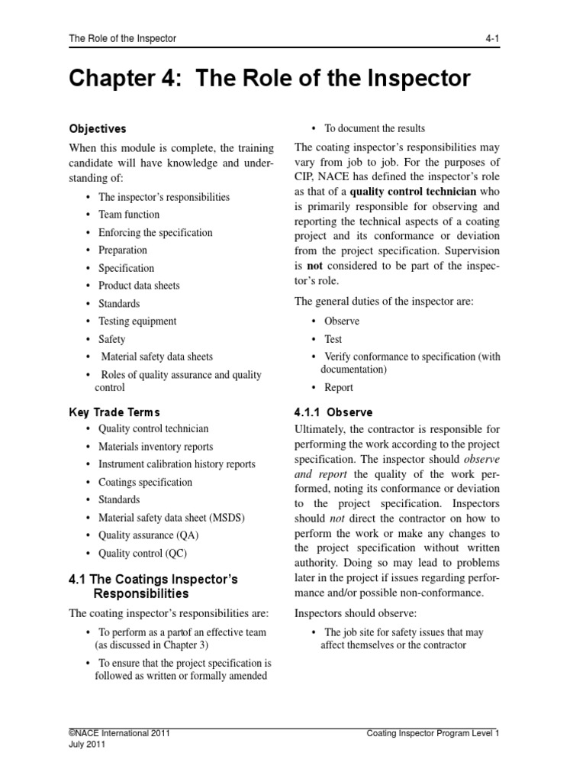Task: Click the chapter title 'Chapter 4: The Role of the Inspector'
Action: click(269, 79)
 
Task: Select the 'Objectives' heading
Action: click(98, 129)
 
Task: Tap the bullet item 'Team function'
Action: click(129, 215)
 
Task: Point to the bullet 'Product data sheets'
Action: click(139, 286)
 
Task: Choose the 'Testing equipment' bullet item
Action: click(137, 322)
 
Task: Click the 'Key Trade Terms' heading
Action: click(114, 412)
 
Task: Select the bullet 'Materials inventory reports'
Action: click(156, 447)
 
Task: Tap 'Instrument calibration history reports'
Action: click(177, 464)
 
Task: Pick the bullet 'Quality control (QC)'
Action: click(142, 553)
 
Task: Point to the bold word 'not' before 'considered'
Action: click(315, 265)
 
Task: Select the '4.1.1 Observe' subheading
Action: click(332, 412)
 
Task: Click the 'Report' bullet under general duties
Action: click(339, 387)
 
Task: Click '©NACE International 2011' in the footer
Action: click(119, 733)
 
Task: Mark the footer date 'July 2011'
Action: click(87, 745)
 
